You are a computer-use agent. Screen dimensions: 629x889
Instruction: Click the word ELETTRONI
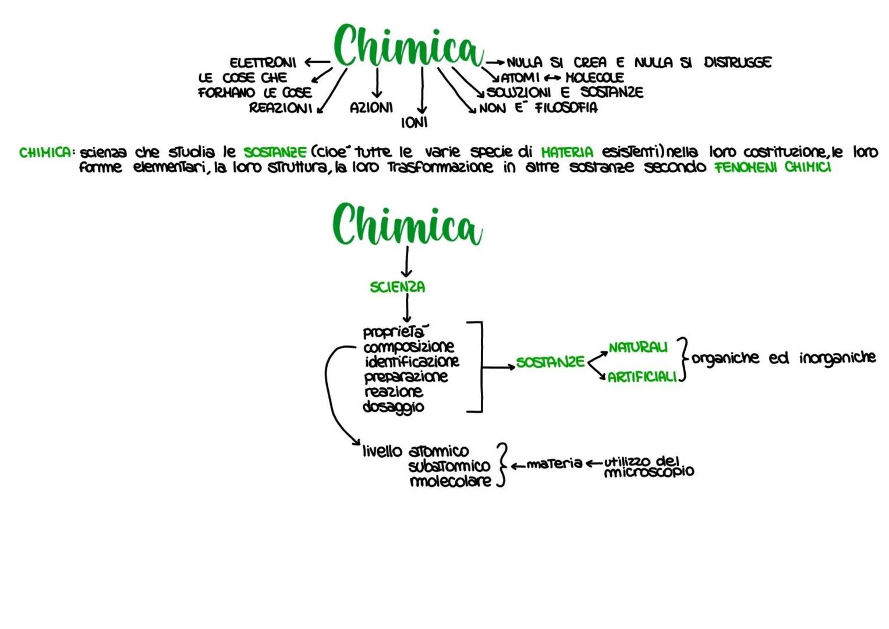pos(263,62)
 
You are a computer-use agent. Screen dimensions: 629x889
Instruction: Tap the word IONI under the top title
pos(414,122)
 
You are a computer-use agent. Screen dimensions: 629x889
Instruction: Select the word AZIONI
pos(371,108)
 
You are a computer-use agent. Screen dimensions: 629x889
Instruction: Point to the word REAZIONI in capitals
pos(281,108)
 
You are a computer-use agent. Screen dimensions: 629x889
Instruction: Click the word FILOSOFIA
pos(566,108)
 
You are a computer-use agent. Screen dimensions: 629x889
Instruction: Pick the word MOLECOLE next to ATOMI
pos(594,77)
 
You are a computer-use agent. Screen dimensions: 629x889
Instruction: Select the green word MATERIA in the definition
pos(567,152)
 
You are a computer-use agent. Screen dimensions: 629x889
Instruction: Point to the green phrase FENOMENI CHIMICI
pos(773,167)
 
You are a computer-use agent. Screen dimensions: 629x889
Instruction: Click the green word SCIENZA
pos(398,287)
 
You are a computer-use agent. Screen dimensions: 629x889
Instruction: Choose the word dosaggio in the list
pos(393,407)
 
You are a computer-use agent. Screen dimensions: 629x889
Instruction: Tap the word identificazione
pos(412,362)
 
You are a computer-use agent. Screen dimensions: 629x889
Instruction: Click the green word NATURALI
pos(638,347)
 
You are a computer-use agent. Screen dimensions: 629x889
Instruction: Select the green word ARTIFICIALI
pos(642,377)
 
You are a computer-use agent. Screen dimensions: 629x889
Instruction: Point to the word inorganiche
pos(837,358)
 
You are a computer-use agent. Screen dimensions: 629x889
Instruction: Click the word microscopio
pos(649,472)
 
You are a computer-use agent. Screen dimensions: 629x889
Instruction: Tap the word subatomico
pos(449,467)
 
